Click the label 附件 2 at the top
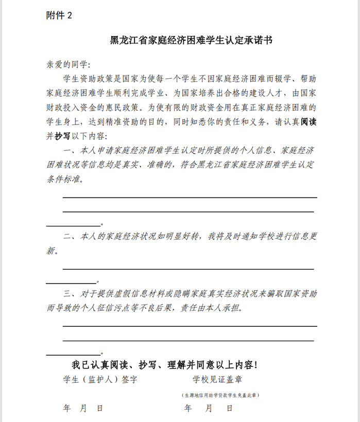tap(59, 15)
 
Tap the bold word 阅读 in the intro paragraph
tap(308, 123)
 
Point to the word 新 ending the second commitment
tap(49, 252)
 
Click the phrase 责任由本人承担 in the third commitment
tap(210, 309)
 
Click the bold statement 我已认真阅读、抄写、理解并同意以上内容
tap(164, 365)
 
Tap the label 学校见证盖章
tap(218, 380)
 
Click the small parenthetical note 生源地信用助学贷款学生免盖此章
tap(220, 395)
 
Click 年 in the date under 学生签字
tap(66, 408)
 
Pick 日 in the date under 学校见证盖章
tap(229, 408)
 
